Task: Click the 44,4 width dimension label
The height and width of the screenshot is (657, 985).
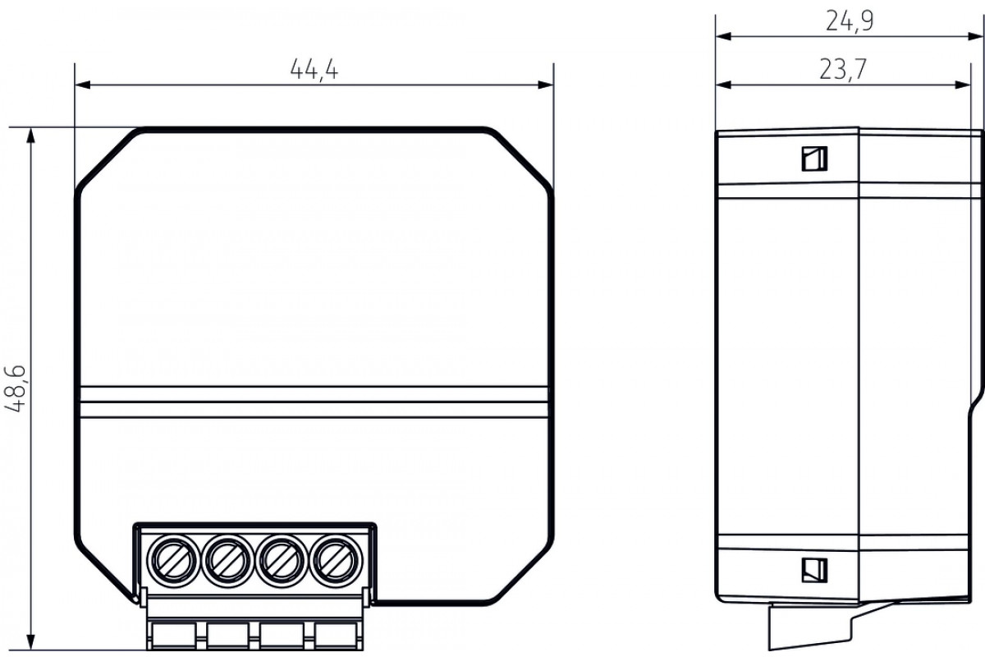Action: [x=314, y=70]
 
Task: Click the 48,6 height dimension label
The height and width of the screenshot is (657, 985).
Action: [x=16, y=388]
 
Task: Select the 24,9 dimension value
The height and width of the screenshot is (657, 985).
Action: [x=850, y=21]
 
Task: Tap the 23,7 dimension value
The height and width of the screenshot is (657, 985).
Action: [x=842, y=70]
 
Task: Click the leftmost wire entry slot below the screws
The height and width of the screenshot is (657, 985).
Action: [x=173, y=635]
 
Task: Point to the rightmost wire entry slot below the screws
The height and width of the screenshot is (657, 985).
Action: [x=337, y=635]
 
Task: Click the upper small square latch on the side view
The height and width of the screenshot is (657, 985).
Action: [x=814, y=159]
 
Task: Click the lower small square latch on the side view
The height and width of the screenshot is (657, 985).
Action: [x=814, y=570]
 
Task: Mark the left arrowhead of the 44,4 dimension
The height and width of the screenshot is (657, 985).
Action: [x=83, y=85]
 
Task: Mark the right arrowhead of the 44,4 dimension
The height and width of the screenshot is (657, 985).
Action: [x=546, y=85]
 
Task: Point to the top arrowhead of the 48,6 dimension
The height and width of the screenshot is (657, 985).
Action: [x=30, y=136]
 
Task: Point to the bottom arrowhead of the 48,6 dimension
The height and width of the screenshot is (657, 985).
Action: [x=30, y=641]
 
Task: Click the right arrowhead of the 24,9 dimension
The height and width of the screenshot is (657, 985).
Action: [x=975, y=36]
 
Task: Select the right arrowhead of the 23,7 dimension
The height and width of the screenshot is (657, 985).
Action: [x=963, y=85]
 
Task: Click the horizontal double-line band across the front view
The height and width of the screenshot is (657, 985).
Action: [x=314, y=402]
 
